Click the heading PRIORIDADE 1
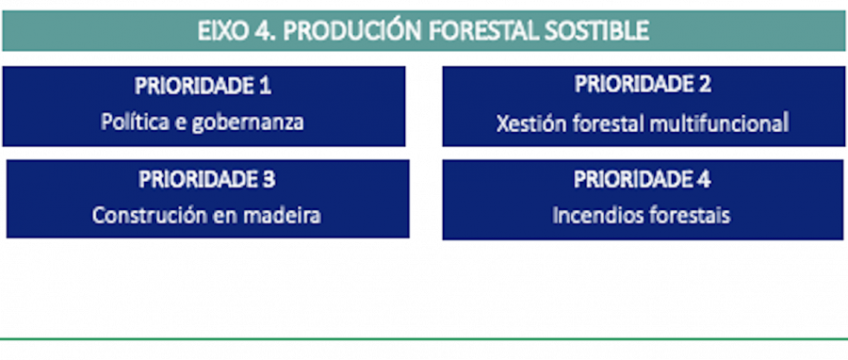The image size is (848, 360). pyautogui.click(x=203, y=86)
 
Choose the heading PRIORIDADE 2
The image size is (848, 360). pyautogui.click(x=643, y=84)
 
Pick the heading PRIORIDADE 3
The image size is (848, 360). pyautogui.click(x=206, y=179)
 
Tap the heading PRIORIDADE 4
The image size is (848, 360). pyautogui.click(x=643, y=179)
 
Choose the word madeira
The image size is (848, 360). pyautogui.click(x=281, y=215)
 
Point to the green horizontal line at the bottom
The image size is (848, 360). pyautogui.click(x=424, y=337)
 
